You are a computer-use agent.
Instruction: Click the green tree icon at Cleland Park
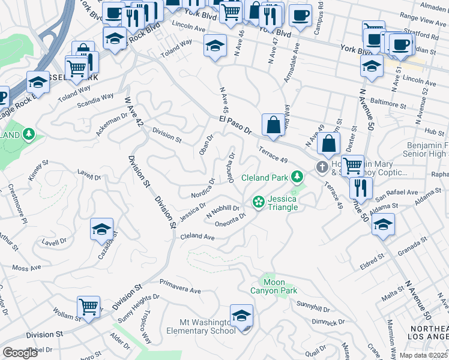tap(296, 177)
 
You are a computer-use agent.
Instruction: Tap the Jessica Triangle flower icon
tap(259, 202)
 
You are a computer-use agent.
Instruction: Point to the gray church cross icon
tap(322, 166)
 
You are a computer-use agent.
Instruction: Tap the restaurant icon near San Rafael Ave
tap(361, 187)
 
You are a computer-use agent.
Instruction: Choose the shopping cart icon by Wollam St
tap(88, 307)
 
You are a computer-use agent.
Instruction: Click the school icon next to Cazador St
tap(102, 229)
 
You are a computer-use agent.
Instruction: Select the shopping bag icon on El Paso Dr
tap(273, 125)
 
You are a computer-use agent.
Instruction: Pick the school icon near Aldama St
tap(383, 224)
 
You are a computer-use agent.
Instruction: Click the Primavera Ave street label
tap(179, 286)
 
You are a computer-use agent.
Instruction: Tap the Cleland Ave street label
tap(197, 237)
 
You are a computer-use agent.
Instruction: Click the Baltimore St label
tap(388, 104)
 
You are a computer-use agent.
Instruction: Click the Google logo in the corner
tap(19, 352)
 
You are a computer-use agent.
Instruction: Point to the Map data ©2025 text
tap(424, 355)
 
